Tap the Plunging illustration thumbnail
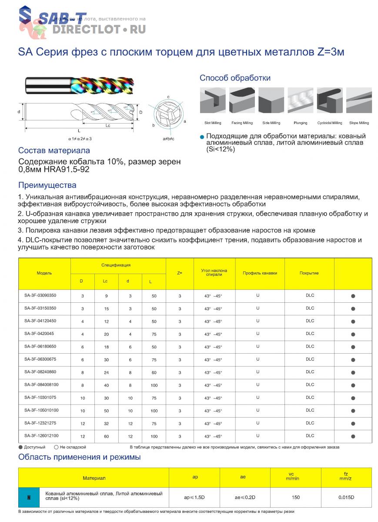pyautogui.click(x=301, y=100)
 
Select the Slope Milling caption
pyautogui.click(x=359, y=123)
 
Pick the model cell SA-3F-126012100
pyautogui.click(x=42, y=435)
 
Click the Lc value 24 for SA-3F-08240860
pyautogui.click(x=105, y=372)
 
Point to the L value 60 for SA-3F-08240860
pyautogui.click(x=154, y=372)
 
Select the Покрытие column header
pyautogui.click(x=309, y=273)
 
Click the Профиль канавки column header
pyautogui.click(x=260, y=273)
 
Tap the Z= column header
pyautogui.click(x=180, y=273)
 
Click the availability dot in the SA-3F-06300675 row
pyautogui.click(x=353, y=360)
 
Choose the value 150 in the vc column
pyautogui.click(x=296, y=497)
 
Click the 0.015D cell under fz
pyautogui.click(x=346, y=497)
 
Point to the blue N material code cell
pyautogui.click(x=29, y=497)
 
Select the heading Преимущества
pyautogui.click(x=47, y=185)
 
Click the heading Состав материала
pyautogui.click(x=54, y=151)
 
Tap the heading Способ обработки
pyautogui.click(x=235, y=78)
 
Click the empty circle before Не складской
pyautogui.click(x=57, y=447)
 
